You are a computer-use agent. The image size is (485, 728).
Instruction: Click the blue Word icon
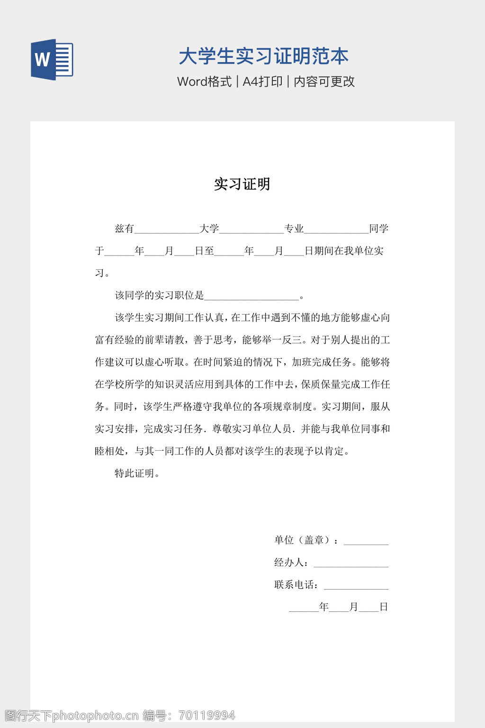click(52, 60)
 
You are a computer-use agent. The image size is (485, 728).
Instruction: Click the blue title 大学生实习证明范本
click(263, 56)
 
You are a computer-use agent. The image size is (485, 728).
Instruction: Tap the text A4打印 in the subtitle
click(262, 82)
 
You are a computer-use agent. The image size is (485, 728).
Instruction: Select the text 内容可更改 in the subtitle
click(324, 82)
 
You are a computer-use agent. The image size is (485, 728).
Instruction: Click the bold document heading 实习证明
click(242, 184)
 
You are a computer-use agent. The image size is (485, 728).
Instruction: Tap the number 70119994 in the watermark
click(207, 716)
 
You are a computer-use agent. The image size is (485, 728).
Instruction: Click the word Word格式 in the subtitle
click(204, 82)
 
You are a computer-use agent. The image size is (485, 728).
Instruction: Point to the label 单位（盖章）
click(304, 540)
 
